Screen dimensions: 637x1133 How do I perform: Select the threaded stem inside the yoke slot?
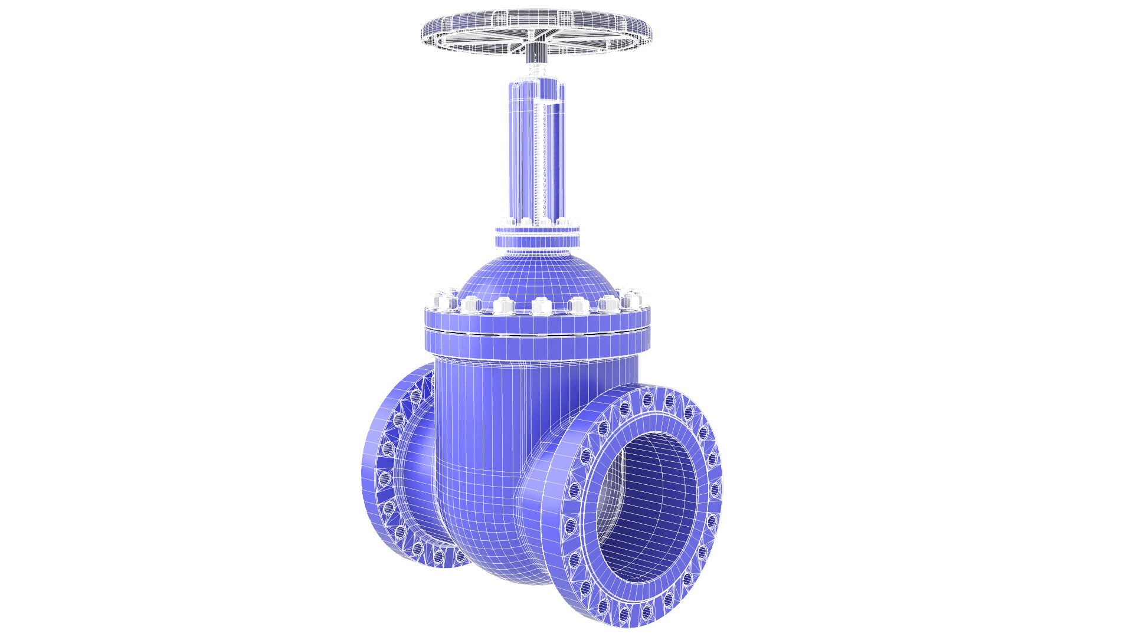click(x=538, y=165)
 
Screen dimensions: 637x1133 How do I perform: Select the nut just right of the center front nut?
click(x=577, y=306)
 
